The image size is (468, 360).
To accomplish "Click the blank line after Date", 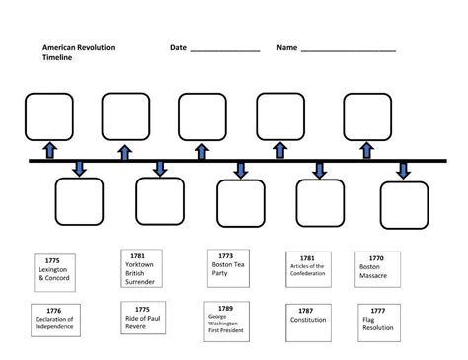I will point(224,48).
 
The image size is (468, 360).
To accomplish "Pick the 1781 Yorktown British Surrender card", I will point(140,269).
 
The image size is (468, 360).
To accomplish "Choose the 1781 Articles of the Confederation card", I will point(307,269).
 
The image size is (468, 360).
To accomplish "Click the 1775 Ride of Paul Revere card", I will point(140,321).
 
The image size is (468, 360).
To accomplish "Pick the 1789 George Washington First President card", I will point(230,321).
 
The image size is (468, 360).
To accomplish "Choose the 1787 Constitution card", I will point(307,321).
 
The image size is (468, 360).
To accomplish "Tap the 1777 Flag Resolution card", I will point(379,321).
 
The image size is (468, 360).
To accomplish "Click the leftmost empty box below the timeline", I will point(79,202).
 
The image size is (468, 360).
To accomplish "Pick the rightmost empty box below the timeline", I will point(404,204).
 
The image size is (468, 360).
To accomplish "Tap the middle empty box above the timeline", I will point(202,115).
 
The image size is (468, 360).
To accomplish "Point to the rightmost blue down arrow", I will point(403,170).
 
